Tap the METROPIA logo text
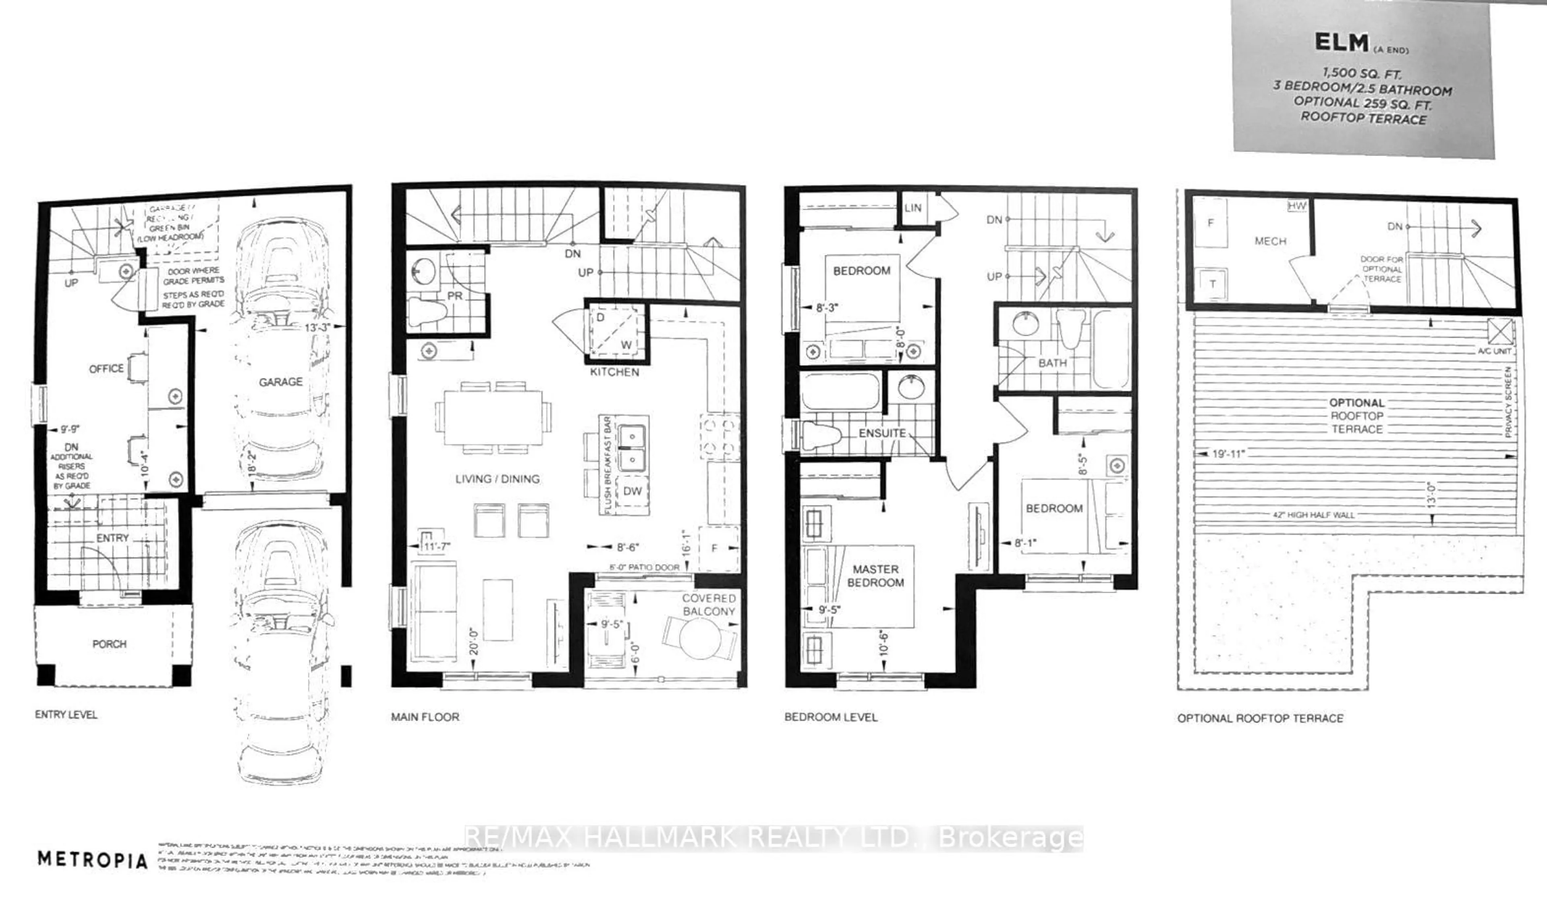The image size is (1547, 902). point(93,860)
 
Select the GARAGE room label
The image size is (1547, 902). point(280,382)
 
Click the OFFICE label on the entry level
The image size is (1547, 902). point(106,368)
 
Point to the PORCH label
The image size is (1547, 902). point(109,644)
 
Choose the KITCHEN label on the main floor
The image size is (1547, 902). point(614,372)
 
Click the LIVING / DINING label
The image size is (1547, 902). point(497,479)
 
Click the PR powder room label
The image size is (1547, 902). point(454,296)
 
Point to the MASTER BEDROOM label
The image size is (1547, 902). point(875,576)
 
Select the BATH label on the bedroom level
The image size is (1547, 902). point(1052,363)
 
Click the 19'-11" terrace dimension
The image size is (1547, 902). point(1228,454)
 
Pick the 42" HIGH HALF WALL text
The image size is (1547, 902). point(1314,515)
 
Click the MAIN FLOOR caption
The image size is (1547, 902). point(425,717)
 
